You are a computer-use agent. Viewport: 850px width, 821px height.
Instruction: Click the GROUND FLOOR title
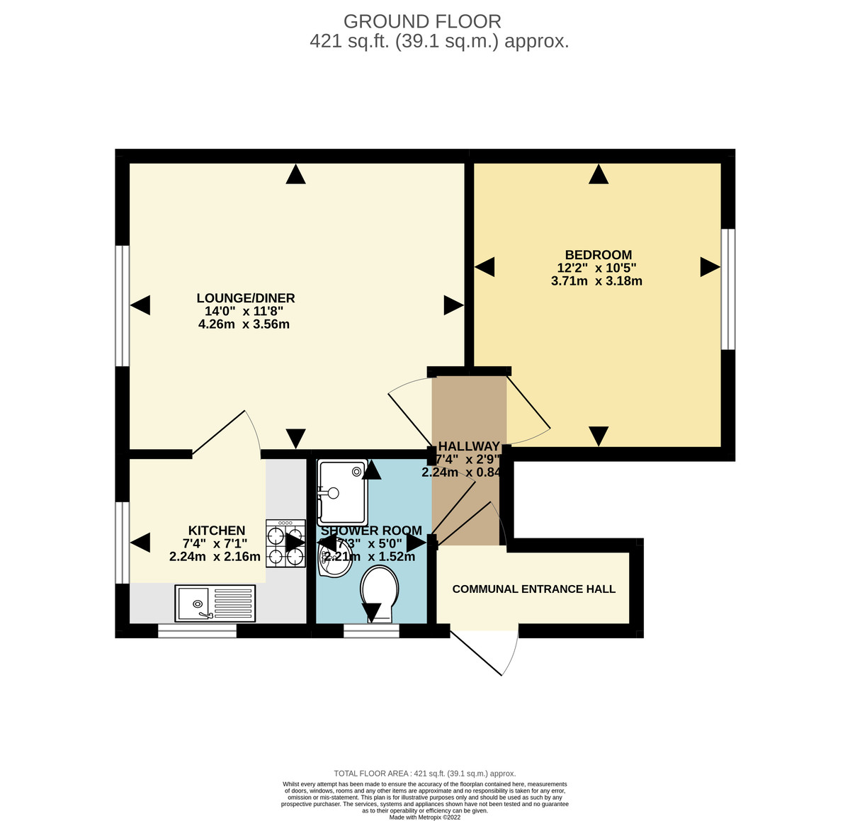click(x=422, y=21)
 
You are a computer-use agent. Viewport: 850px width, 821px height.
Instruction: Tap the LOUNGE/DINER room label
click(x=245, y=298)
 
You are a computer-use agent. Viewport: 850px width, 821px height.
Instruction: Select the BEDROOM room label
click(x=598, y=255)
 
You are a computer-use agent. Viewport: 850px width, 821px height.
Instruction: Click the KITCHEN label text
click(x=216, y=531)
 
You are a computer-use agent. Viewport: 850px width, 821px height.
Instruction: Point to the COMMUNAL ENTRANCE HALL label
click(x=533, y=589)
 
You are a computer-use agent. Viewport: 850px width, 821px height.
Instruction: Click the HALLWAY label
click(x=469, y=446)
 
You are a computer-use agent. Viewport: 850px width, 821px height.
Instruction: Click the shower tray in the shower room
click(x=341, y=490)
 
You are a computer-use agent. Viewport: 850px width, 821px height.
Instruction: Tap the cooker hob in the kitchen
click(x=285, y=543)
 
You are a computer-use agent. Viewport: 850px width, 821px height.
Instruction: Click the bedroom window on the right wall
click(x=727, y=289)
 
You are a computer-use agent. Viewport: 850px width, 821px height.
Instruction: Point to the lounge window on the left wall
click(x=123, y=305)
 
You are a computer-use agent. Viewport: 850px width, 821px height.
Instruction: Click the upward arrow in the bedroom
click(x=599, y=174)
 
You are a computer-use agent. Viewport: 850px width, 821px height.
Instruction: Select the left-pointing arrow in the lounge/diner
click(x=141, y=305)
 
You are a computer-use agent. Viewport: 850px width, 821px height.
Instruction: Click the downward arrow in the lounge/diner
click(x=295, y=438)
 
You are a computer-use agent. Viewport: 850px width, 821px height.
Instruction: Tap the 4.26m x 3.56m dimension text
click(x=244, y=324)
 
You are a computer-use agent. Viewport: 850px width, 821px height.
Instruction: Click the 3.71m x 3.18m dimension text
click(x=596, y=281)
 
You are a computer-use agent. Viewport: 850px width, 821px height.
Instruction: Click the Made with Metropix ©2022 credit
click(x=425, y=817)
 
